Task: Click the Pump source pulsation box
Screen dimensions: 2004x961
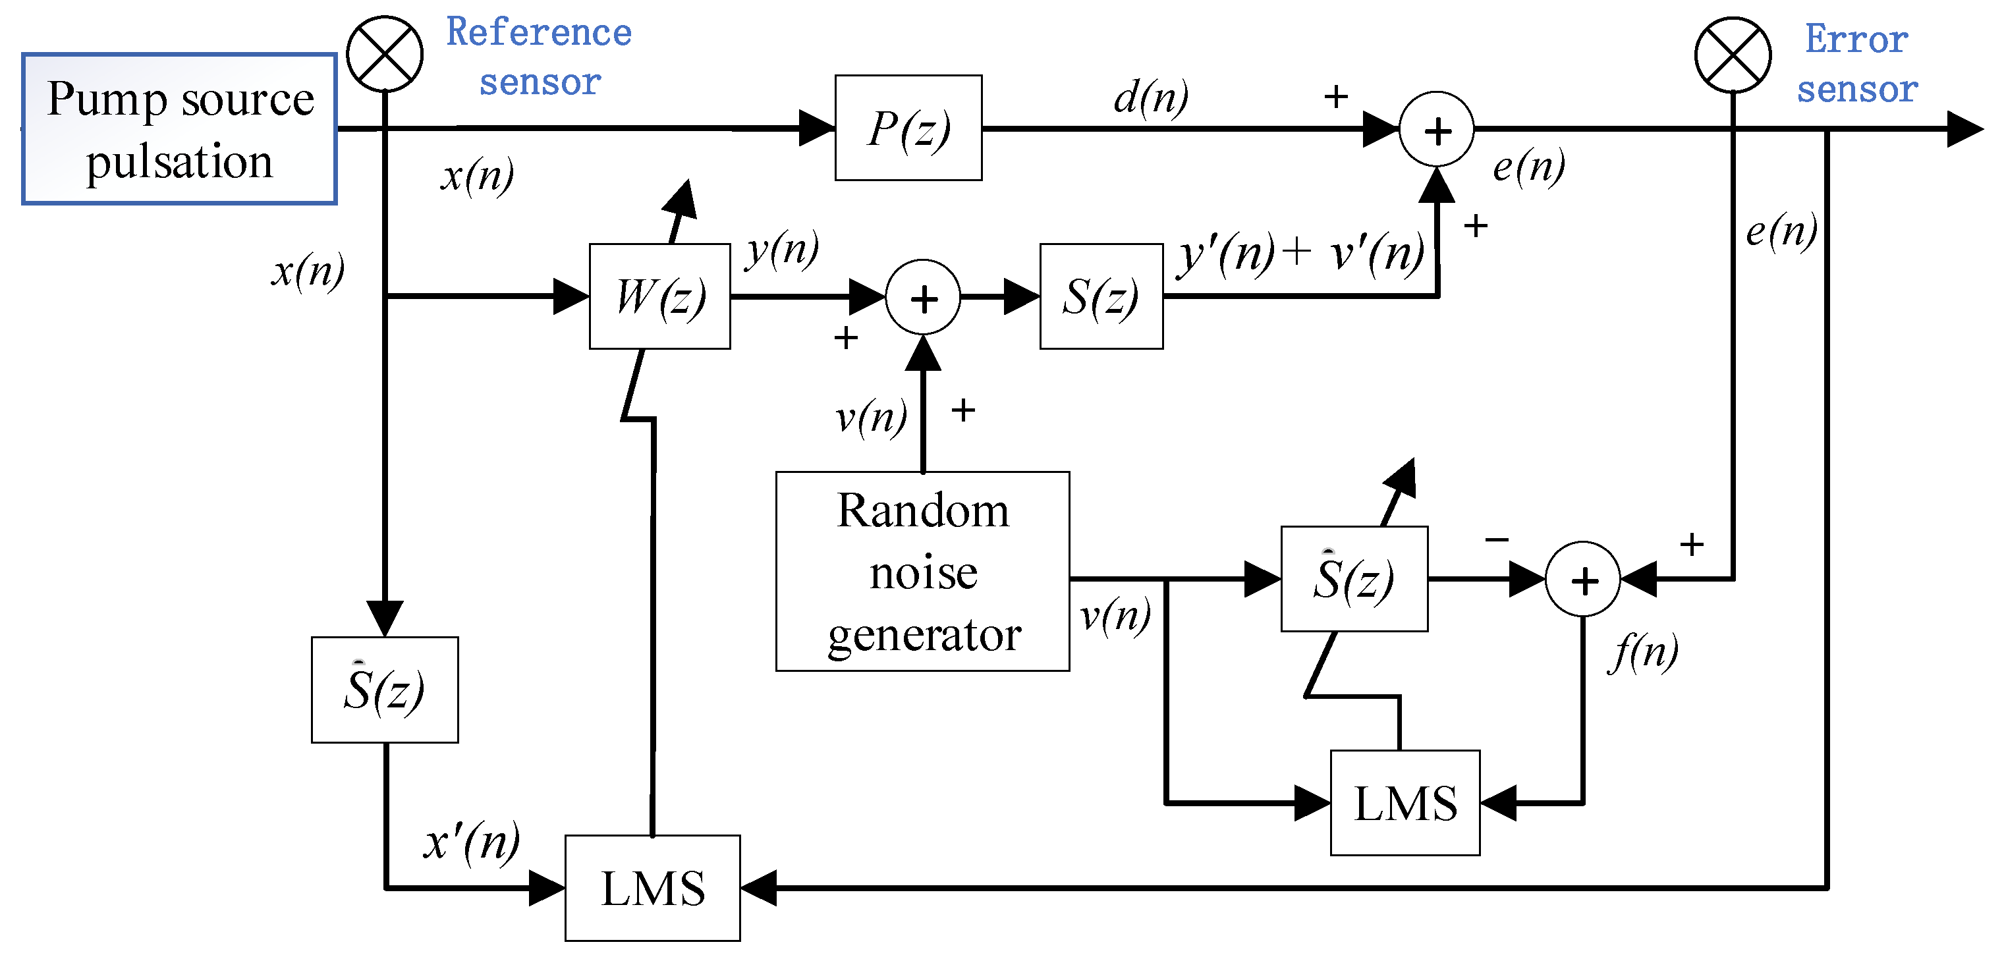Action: tap(179, 129)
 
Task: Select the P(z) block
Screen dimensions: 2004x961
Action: tap(908, 128)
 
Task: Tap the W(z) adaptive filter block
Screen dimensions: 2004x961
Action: tap(659, 296)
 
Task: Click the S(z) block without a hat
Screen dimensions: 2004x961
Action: tap(1101, 296)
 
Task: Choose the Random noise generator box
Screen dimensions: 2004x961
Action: tap(923, 571)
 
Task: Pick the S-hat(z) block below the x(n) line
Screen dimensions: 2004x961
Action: tap(384, 690)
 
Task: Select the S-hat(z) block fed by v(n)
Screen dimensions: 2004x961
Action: tap(1354, 579)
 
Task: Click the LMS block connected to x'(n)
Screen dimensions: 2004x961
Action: tap(653, 888)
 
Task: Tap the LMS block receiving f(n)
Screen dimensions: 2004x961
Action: tap(1405, 803)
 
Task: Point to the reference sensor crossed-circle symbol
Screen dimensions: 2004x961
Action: tap(384, 54)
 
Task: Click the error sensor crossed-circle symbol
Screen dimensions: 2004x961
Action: tap(1733, 55)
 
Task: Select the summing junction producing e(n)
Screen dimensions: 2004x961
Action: tap(1437, 129)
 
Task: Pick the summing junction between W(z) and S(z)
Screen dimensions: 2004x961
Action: tap(924, 297)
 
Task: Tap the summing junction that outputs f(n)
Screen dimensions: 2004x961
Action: tap(1583, 579)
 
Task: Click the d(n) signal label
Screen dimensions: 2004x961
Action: tap(1152, 97)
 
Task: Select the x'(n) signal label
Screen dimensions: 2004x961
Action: tap(472, 842)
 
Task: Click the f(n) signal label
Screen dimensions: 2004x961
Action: tap(1643, 652)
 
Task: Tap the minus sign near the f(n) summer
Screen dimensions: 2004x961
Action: tap(1497, 539)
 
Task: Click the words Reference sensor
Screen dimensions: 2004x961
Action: tap(539, 57)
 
